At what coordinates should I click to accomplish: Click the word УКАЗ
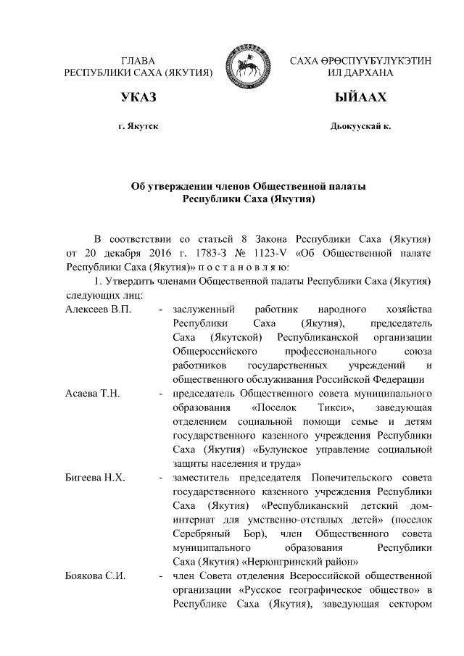138,98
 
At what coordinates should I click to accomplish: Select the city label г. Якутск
138,127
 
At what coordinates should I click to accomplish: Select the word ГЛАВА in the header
138,58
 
